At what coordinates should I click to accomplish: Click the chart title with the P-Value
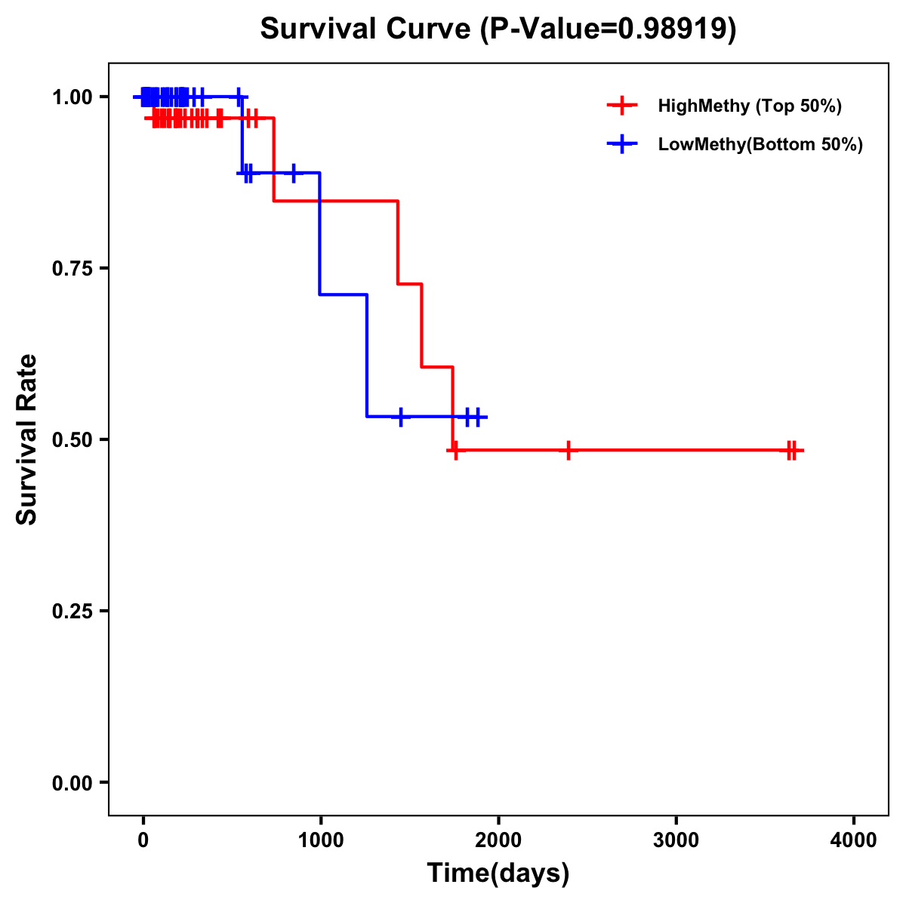point(498,29)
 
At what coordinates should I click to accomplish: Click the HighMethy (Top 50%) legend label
point(750,106)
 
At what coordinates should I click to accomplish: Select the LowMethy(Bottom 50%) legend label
point(760,144)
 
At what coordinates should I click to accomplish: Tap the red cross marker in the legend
point(622,106)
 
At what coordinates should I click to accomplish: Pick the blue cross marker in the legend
point(622,144)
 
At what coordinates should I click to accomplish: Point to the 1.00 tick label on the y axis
point(72,97)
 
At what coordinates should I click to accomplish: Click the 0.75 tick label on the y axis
point(72,269)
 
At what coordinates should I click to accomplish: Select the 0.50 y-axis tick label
point(72,440)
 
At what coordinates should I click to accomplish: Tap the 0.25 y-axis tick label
point(72,612)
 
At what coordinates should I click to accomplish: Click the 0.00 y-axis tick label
point(72,783)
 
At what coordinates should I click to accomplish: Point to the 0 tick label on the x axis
point(143,840)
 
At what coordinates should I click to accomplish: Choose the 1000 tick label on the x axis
point(320,840)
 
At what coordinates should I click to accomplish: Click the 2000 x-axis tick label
point(498,840)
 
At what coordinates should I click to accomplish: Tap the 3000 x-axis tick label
point(676,840)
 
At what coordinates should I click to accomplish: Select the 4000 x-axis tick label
point(854,840)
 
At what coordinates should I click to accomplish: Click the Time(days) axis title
point(498,874)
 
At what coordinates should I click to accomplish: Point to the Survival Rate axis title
point(27,439)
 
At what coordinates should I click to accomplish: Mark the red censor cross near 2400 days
point(569,450)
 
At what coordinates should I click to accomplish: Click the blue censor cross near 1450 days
point(401,416)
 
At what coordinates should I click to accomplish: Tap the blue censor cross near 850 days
point(294,173)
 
